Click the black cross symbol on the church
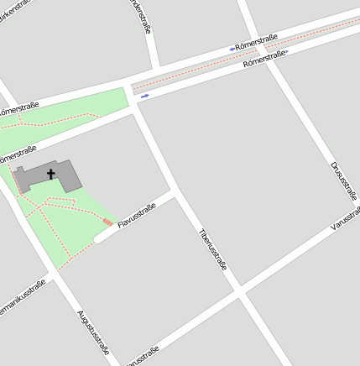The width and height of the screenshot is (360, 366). (50, 174)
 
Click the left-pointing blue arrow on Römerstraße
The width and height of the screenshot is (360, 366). (232, 49)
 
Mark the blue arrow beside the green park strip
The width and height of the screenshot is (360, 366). (144, 96)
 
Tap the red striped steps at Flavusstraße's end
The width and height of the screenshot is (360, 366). (107, 222)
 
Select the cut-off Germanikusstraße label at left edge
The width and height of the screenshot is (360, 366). (20, 298)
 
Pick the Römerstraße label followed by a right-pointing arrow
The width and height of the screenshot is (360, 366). (263, 58)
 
